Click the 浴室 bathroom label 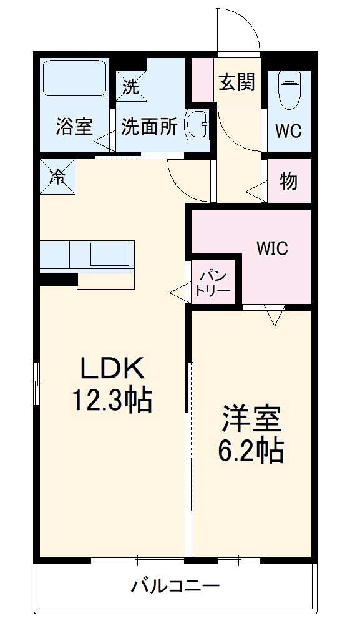[x=74, y=127]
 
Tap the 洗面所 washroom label [x=149, y=127]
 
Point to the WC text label [x=289, y=132]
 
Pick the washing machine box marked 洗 [x=130, y=87]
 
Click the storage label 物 [x=288, y=182]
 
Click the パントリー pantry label [x=213, y=283]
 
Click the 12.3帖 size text [x=112, y=400]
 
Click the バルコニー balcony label [x=175, y=586]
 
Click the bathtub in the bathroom [x=74, y=78]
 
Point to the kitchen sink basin [x=110, y=255]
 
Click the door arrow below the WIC [x=275, y=316]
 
